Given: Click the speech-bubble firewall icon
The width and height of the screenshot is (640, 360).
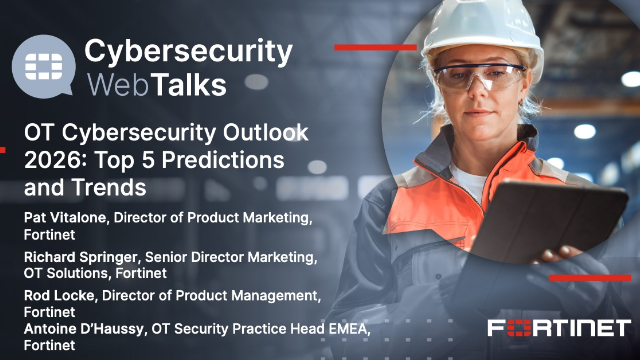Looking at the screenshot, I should (x=43, y=63).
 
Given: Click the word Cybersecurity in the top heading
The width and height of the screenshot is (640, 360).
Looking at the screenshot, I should (x=188, y=50).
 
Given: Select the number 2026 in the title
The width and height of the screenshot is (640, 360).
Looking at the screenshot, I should (x=51, y=160).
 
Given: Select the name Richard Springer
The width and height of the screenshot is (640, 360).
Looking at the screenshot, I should (x=79, y=257).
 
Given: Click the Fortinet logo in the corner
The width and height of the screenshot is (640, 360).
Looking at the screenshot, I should (x=559, y=328).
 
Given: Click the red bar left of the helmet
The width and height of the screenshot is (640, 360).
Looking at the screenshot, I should (x=375, y=46).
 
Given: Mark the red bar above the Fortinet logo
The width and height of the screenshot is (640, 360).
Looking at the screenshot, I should (x=591, y=278).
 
